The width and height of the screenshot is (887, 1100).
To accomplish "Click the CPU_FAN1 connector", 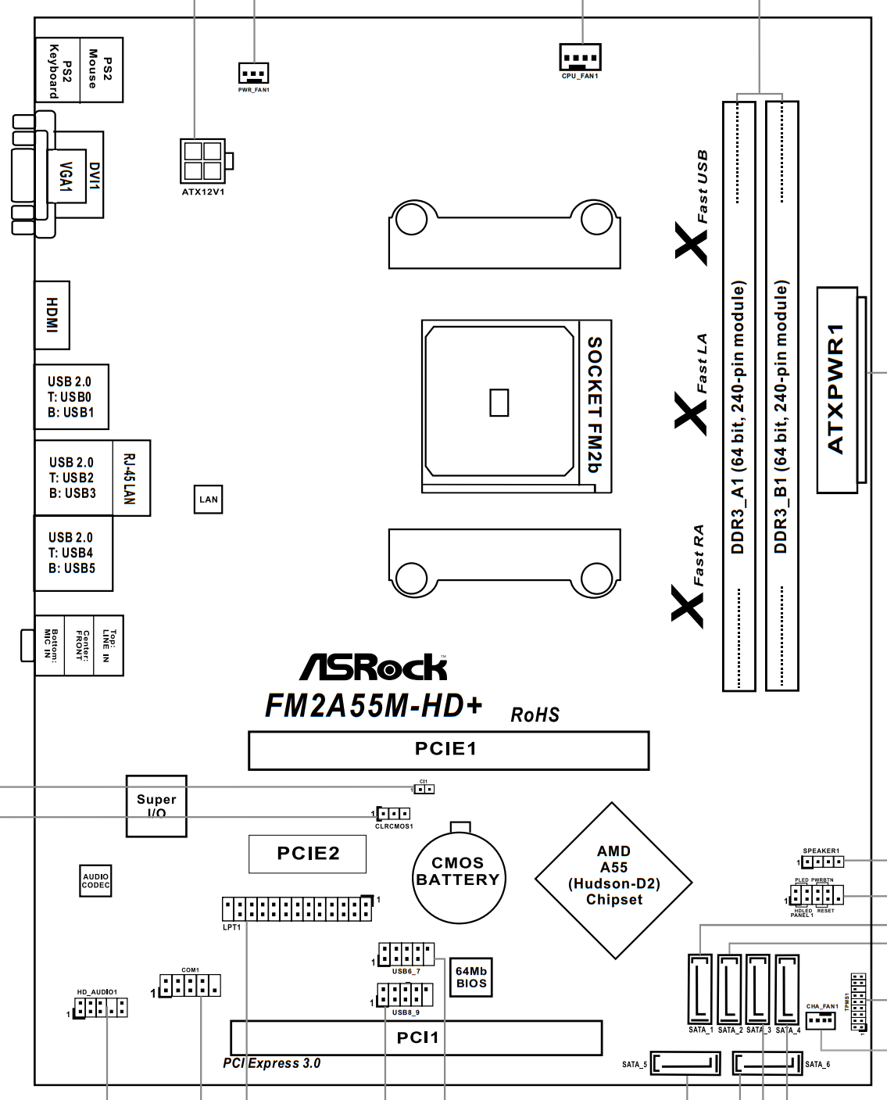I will tap(580, 57).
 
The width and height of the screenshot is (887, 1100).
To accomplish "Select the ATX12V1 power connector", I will tap(202, 161).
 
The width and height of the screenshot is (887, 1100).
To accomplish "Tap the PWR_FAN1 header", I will tap(253, 73).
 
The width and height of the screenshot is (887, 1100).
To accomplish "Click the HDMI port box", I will tap(52, 315).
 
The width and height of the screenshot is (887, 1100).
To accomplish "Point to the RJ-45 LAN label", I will tap(131, 478).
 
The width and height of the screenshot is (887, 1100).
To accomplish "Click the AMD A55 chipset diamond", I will tap(614, 880).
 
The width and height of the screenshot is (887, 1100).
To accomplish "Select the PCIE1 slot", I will tap(449, 751).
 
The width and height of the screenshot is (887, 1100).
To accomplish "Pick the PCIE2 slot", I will tap(307, 854).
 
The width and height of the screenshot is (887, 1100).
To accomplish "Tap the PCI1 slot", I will tap(417, 1037).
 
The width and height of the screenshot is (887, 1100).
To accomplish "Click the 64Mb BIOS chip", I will tap(471, 977).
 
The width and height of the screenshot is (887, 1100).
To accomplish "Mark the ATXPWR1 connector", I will tap(837, 389).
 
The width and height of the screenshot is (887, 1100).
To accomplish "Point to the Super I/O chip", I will tap(156, 806).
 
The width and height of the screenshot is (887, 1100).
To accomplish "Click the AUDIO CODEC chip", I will tap(96, 881).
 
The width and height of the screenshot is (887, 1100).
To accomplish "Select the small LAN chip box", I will tap(209, 500).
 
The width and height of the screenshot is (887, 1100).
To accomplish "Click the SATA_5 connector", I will tap(685, 1064).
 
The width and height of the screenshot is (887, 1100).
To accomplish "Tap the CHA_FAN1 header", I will tap(821, 1020).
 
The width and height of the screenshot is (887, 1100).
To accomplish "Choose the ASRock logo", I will tap(374, 668).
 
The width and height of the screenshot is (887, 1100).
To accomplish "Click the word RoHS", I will tap(535, 715).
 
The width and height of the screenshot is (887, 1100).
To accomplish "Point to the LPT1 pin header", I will tap(296, 908).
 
